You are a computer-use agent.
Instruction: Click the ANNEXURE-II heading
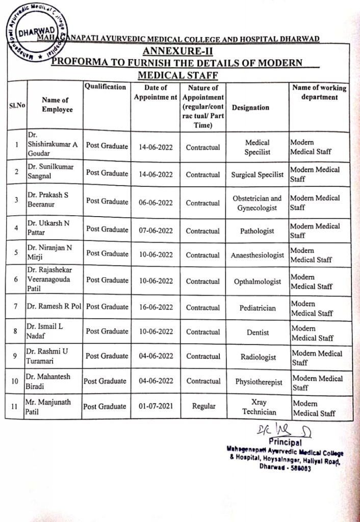[x=178, y=51]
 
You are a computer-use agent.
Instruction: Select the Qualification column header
[x=105, y=87]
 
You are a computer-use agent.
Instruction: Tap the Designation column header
[x=250, y=108]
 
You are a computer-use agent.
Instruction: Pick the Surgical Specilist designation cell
[x=258, y=175]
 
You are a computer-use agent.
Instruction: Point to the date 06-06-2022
[x=156, y=203]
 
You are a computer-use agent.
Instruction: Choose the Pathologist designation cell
[x=257, y=231]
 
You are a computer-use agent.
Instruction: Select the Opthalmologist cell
[x=257, y=281]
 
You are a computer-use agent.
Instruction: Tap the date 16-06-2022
[x=156, y=307]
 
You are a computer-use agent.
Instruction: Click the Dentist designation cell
[x=258, y=332]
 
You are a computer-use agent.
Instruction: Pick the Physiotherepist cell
[x=259, y=382]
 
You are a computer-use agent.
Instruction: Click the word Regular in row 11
[x=203, y=407]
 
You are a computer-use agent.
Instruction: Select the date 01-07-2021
[x=156, y=407]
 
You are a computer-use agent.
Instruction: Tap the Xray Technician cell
[x=259, y=407]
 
